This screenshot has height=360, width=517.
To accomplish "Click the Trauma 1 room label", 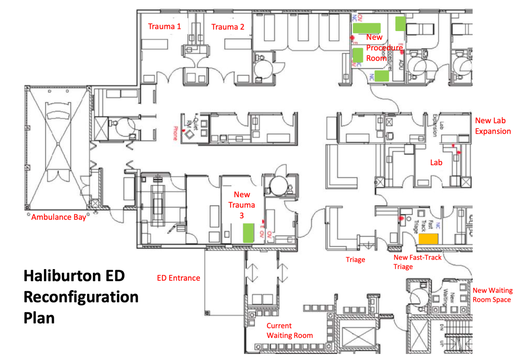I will click(x=165, y=26).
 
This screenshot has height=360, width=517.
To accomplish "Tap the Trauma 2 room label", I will click(x=227, y=27).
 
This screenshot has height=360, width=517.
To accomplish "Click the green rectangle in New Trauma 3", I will click(x=248, y=232).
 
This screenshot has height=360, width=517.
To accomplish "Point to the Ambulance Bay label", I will click(x=59, y=217).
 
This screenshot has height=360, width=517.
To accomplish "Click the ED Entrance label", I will click(x=178, y=278).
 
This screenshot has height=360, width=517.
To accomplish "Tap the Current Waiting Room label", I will click(x=290, y=331).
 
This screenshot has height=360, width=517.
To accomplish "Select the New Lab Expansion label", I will click(x=493, y=126).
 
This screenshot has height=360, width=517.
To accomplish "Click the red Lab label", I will click(x=436, y=163).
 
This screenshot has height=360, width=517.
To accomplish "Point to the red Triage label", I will click(x=355, y=260).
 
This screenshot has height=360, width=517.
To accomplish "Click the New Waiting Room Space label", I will click(x=492, y=295).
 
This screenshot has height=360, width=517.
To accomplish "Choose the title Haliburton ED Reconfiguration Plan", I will click(x=81, y=297).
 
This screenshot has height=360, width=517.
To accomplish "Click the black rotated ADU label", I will click(x=401, y=65).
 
